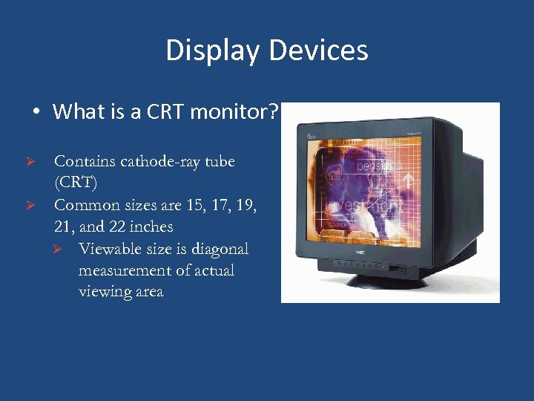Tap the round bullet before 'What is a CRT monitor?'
[x=36, y=113]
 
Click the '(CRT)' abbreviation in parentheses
[x=76, y=183]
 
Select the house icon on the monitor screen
[x=334, y=177]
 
